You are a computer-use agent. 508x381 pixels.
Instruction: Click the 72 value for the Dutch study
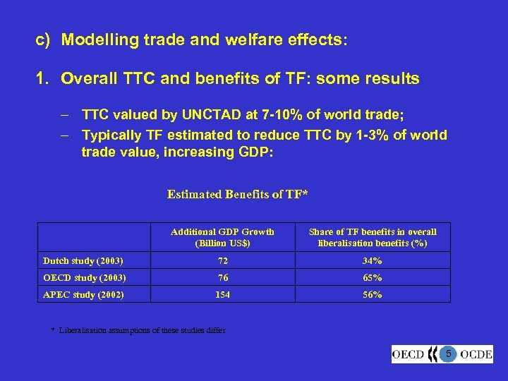223,260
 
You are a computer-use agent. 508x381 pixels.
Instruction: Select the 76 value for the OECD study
223,277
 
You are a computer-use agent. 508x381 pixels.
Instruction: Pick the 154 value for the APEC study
223,294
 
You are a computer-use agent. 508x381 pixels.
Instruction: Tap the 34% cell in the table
372,260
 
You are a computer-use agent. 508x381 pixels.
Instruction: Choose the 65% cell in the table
372,277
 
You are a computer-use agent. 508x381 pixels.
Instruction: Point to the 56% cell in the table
372,294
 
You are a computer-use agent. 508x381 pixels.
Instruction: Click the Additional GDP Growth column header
223,237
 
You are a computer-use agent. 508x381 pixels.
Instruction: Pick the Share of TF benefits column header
373,237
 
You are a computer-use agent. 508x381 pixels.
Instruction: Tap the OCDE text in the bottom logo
476,353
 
